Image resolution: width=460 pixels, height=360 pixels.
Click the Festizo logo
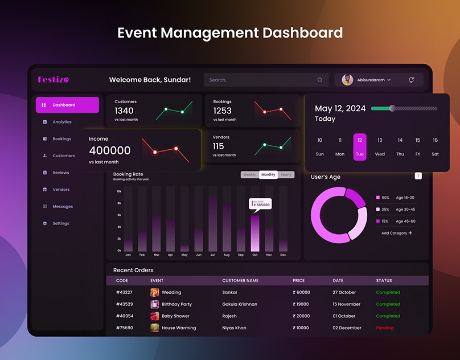(x=53, y=80)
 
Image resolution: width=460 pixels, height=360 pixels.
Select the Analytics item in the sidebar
(x=61, y=122)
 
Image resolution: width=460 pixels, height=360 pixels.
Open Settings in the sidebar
(x=60, y=223)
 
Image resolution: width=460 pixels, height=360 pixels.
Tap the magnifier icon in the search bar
(x=320, y=80)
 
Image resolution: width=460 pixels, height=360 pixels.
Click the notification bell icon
(x=411, y=80)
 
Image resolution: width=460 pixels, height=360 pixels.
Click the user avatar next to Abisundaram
(x=347, y=80)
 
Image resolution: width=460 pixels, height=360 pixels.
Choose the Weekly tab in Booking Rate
(x=249, y=175)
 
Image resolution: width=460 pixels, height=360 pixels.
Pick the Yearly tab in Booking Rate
(x=286, y=175)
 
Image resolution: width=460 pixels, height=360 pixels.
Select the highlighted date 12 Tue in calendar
(x=360, y=146)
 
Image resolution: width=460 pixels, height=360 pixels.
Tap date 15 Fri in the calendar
(x=417, y=146)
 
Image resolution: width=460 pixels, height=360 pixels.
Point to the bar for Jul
(x=212, y=223)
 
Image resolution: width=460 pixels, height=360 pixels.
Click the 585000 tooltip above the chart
(x=261, y=204)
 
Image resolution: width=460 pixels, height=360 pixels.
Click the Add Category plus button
(x=410, y=233)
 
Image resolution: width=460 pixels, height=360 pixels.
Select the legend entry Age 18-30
(x=405, y=198)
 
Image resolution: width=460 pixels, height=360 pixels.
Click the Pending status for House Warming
(x=385, y=328)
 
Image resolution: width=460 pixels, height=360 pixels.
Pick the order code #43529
(x=124, y=304)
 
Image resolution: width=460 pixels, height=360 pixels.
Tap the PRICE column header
(x=298, y=280)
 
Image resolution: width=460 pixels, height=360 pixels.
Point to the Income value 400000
(x=110, y=151)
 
